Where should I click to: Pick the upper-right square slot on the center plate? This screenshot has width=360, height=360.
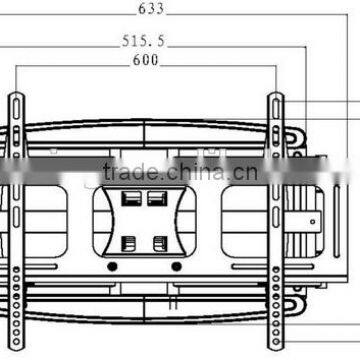pos(156,199)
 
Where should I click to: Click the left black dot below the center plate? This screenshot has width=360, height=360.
pos(112,267)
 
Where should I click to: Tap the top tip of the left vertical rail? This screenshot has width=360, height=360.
pos(17,93)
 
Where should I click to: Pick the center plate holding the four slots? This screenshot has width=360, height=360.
pos(144,221)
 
